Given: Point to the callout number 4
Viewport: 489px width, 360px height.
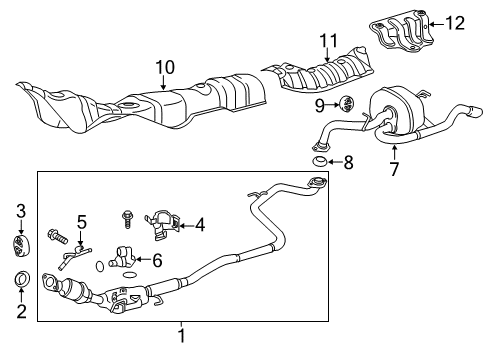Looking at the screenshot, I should tap(200, 225).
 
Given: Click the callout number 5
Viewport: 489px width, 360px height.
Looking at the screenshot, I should tap(82, 221).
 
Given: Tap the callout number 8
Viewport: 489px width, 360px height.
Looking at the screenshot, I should tap(348, 161).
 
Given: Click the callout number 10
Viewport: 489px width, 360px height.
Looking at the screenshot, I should tap(165, 68).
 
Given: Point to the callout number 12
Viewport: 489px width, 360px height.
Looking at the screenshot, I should tap(455, 21).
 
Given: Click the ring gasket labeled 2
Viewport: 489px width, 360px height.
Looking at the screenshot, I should tap(20, 279).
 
